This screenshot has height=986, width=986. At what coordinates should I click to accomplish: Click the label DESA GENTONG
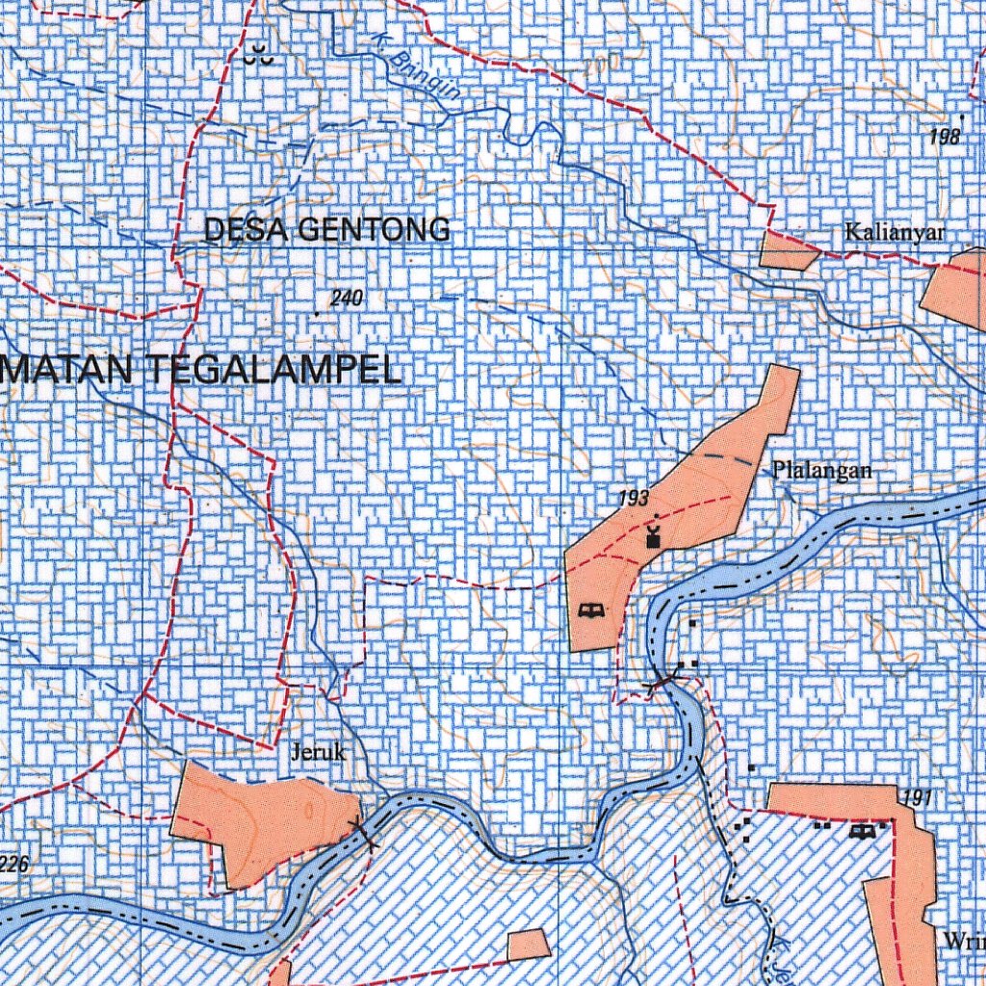[326, 229]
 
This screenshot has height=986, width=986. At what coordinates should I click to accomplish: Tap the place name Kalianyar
[895, 232]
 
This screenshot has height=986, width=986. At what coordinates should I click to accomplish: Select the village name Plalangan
[821, 470]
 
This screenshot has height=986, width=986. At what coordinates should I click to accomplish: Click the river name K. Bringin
[415, 74]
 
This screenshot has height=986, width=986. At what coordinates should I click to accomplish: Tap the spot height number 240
[346, 298]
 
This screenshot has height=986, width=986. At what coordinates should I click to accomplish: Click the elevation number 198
[945, 138]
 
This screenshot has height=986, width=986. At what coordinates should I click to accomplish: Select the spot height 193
[635, 498]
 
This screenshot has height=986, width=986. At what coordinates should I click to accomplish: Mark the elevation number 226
[14, 865]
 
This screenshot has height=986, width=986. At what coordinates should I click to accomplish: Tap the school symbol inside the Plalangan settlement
[591, 610]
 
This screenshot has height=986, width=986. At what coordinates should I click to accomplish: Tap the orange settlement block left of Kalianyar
[787, 249]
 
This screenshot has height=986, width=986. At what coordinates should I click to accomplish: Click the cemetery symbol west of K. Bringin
[259, 57]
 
